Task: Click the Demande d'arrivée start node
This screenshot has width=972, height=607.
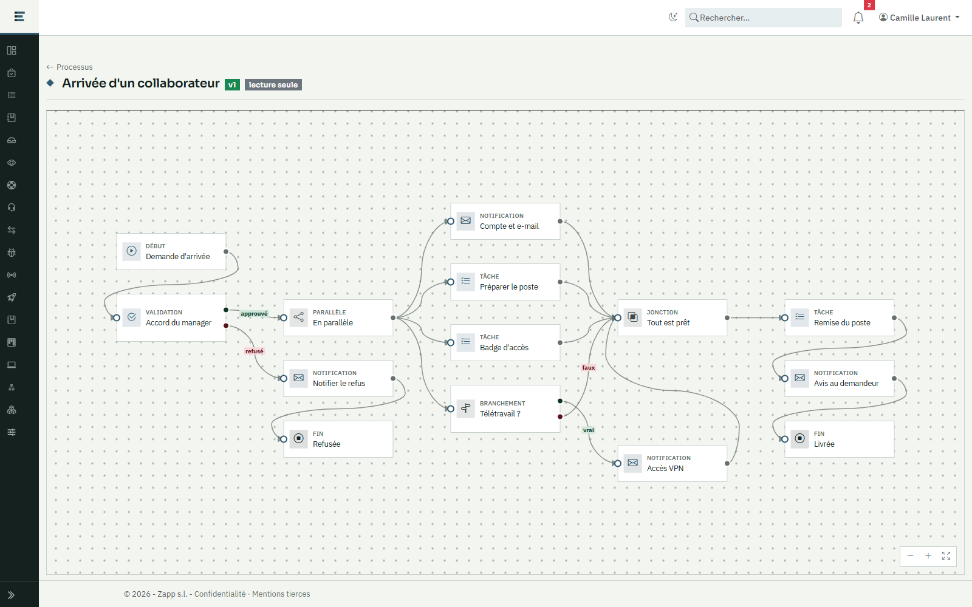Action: (x=171, y=251)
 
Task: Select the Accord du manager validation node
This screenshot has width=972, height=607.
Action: (x=171, y=318)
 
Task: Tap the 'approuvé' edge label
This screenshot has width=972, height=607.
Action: (x=255, y=313)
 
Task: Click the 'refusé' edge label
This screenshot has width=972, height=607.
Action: (x=255, y=351)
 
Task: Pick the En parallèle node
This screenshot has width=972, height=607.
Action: (x=338, y=318)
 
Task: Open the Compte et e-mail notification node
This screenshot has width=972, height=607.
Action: (x=505, y=221)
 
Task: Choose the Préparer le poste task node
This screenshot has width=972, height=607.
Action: (x=505, y=282)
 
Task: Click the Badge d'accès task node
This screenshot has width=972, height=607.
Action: (x=505, y=342)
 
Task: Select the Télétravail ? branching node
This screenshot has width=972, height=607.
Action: (x=505, y=409)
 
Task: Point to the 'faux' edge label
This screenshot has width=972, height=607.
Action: (x=589, y=368)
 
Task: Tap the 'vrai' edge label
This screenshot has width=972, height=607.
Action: (x=589, y=430)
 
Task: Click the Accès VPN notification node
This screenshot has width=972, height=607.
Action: (x=672, y=464)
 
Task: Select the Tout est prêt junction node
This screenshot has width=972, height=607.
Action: (x=672, y=318)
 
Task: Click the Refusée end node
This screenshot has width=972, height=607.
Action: (x=338, y=439)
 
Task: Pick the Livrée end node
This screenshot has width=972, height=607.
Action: (x=839, y=439)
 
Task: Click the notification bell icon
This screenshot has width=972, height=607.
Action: (x=858, y=18)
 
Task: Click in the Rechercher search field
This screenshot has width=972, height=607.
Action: (x=763, y=18)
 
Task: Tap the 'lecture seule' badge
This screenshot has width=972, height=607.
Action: (x=273, y=84)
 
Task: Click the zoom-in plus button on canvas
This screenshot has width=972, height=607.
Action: (x=928, y=556)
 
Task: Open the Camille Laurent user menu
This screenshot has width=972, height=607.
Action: (x=919, y=18)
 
